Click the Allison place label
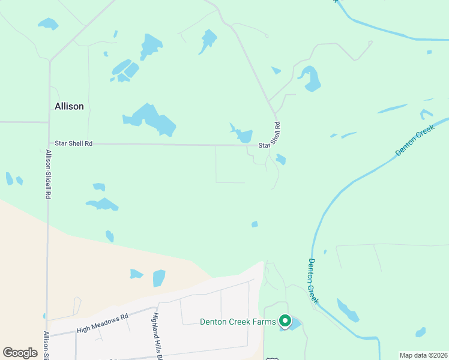69,106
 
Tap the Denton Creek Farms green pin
285,321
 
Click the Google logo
20,352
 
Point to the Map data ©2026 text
423,355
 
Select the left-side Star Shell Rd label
73,143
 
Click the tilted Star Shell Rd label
271,136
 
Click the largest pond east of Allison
150,119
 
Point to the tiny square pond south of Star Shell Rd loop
255,224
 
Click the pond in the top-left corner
48,24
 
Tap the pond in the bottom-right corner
420,332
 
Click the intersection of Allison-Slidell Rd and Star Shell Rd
49,143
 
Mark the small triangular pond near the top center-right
276,71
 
